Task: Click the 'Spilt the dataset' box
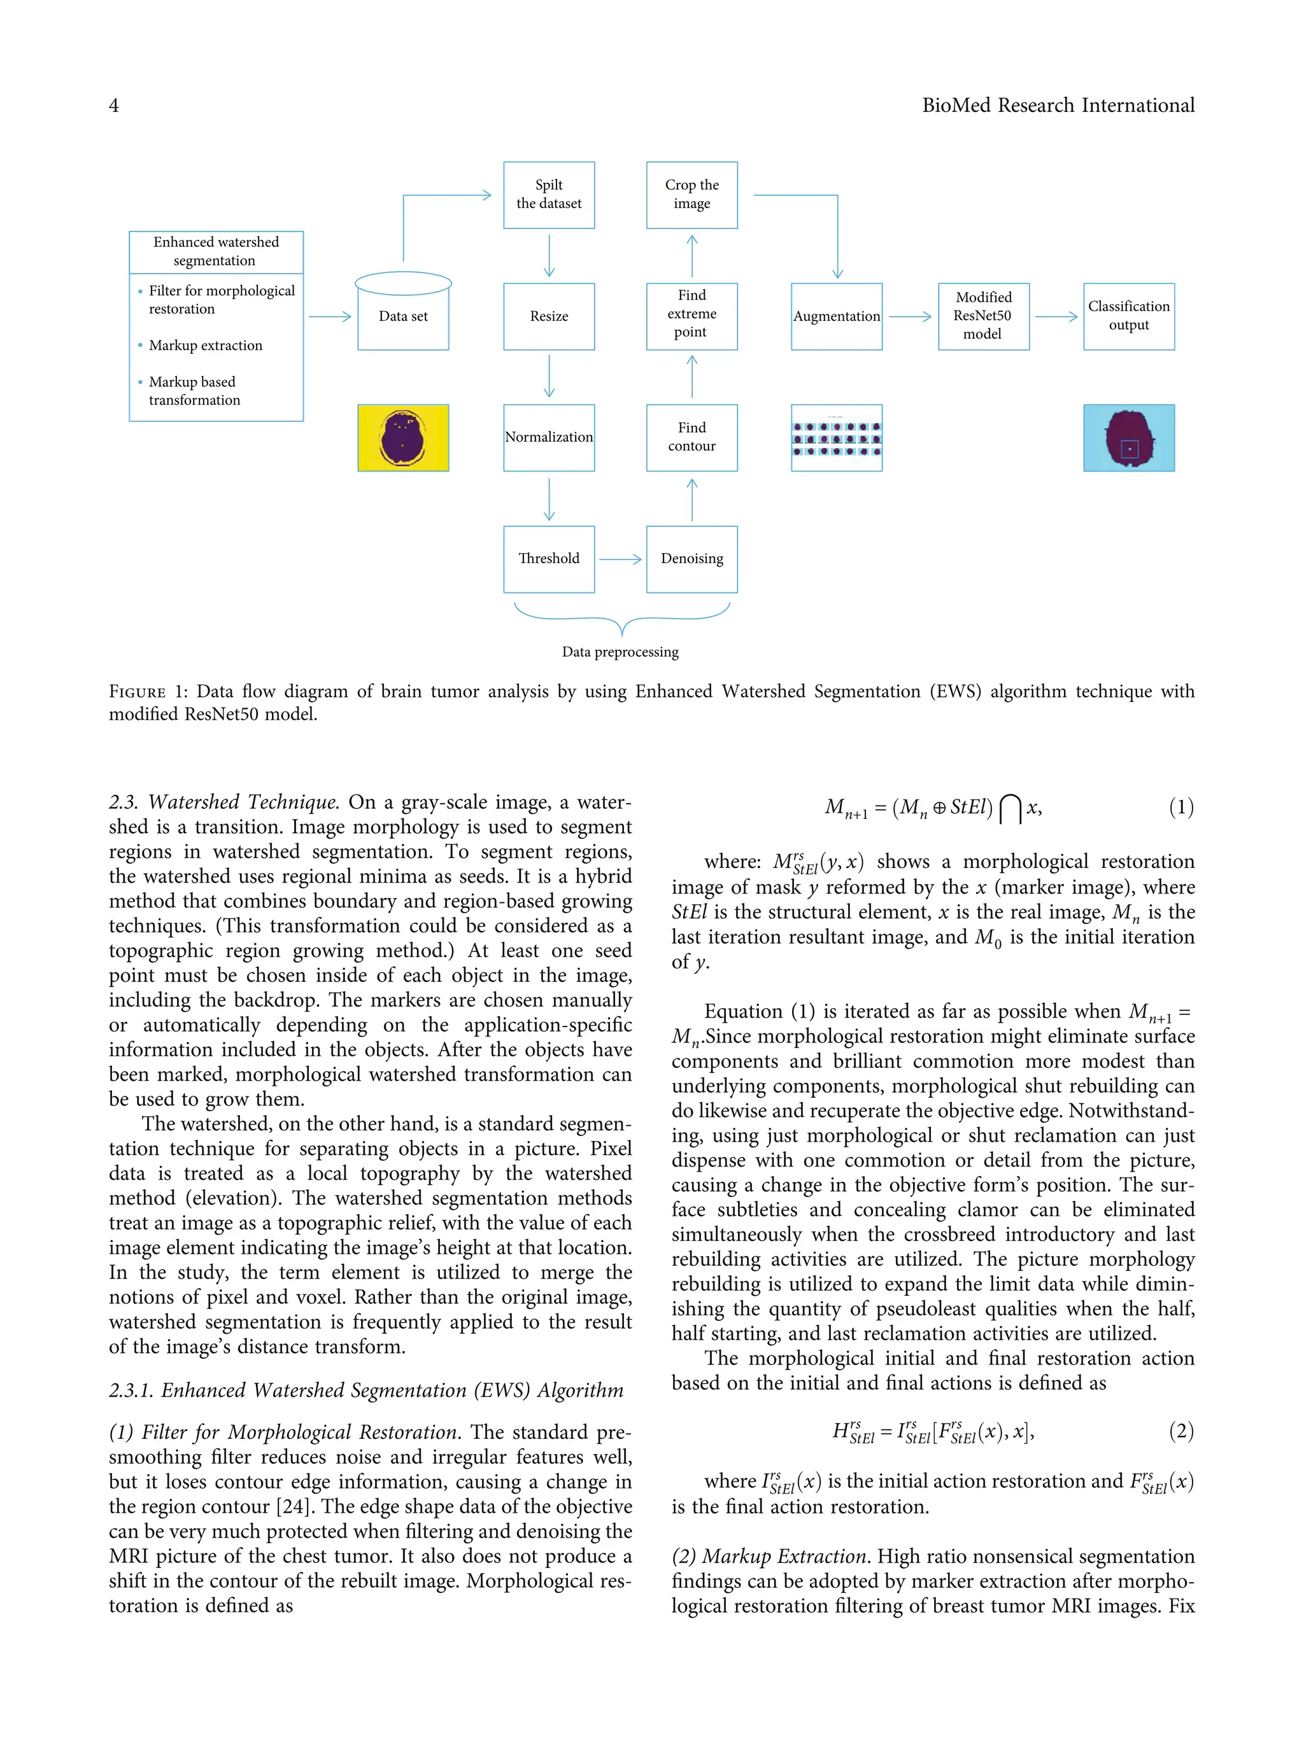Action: click(x=549, y=195)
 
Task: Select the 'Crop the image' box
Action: click(x=691, y=195)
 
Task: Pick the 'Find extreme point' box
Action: click(x=691, y=315)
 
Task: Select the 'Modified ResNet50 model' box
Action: click(x=983, y=316)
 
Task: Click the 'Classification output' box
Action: click(x=1129, y=316)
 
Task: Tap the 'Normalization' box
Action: click(x=549, y=438)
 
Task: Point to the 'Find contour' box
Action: click(x=691, y=438)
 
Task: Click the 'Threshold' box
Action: click(x=549, y=559)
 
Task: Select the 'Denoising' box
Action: click(x=691, y=559)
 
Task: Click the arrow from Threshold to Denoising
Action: click(x=620, y=559)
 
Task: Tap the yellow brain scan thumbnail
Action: click(x=403, y=438)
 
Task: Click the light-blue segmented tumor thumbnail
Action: click(x=1129, y=438)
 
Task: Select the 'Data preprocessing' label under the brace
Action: click(x=620, y=652)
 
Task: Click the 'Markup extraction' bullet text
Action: click(x=205, y=346)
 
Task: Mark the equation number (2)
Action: click(x=1180, y=1431)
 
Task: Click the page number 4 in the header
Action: click(x=114, y=105)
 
